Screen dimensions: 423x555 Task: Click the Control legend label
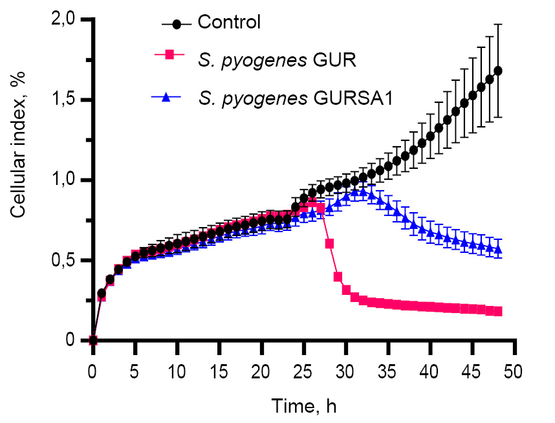point(229,23)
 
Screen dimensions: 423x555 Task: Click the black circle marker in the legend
point(175,24)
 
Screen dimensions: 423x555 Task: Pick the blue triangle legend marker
point(166,98)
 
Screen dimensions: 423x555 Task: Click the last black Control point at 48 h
point(498,71)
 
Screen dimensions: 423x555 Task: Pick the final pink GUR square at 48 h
point(498,312)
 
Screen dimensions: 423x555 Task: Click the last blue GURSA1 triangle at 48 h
point(498,250)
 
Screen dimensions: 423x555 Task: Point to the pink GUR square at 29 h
point(338,277)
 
